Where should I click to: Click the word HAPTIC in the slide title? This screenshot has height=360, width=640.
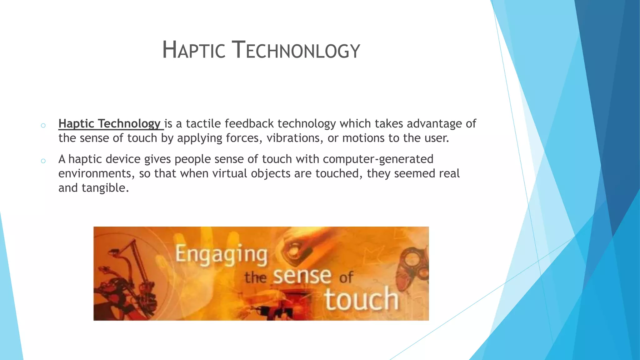coord(194,50)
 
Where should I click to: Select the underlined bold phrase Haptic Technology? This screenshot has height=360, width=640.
coord(110,124)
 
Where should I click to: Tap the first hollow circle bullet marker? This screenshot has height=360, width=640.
coord(43,126)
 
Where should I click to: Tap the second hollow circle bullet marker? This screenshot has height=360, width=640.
coord(43,161)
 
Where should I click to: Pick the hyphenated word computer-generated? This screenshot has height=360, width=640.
coord(378,159)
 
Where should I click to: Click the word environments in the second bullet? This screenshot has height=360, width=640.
coord(96,173)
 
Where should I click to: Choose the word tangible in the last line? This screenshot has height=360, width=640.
coord(105,188)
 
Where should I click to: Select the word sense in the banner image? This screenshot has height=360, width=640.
coord(302,276)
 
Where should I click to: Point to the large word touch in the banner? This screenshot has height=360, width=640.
coord(362,299)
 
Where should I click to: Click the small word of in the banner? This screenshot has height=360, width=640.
coord(346,277)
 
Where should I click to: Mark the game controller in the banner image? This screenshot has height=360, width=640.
coord(412,266)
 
